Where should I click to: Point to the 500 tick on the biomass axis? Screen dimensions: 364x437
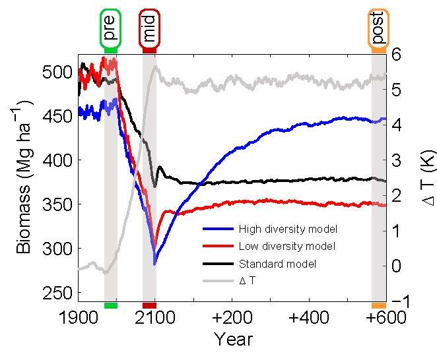pyautogui.click(x=61, y=71)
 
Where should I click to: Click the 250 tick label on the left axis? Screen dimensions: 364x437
pyautogui.click(x=61, y=293)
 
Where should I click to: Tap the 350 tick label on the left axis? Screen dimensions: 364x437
pyautogui.click(x=61, y=204)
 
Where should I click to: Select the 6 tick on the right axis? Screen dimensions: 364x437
pyautogui.click(x=398, y=54)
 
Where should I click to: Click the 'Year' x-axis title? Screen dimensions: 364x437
pyautogui.click(x=232, y=340)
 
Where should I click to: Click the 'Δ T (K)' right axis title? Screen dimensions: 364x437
pyautogui.click(x=424, y=177)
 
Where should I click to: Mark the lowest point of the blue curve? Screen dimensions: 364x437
pyautogui.click(x=155, y=264)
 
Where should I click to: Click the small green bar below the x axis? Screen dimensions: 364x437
pyautogui.click(x=111, y=305)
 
